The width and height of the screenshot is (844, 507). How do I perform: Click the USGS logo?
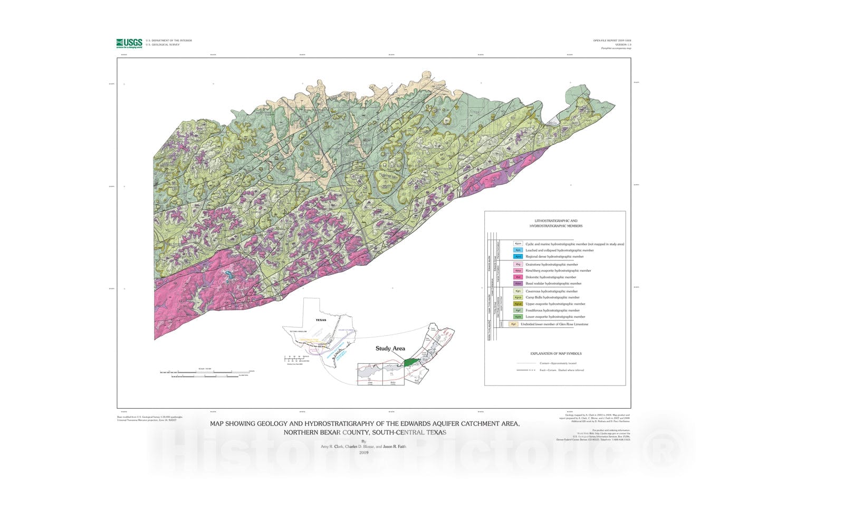point(129,43)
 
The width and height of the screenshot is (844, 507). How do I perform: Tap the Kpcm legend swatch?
point(518,244)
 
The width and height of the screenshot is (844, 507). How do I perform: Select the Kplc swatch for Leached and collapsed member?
point(518,250)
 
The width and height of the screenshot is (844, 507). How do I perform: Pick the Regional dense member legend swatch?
point(518,256)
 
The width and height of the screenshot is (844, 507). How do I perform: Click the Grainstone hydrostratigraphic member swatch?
point(518,265)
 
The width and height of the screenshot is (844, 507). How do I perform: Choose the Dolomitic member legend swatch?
point(518,277)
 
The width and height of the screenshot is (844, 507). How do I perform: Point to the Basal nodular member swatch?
point(518,284)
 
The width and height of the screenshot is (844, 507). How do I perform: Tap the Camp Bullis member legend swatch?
point(518,297)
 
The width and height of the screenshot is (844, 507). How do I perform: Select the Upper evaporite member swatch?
point(518,304)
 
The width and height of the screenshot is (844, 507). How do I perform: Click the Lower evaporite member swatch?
point(518,317)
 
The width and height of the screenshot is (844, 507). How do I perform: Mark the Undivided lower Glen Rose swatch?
point(513,324)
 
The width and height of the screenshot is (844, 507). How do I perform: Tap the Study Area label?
point(390,349)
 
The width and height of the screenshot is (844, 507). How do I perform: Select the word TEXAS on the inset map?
point(321,320)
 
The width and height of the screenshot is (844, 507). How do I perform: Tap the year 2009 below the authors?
point(363,453)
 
